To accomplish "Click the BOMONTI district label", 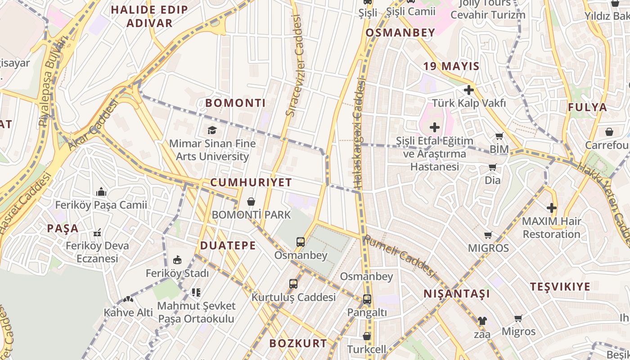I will [235, 103].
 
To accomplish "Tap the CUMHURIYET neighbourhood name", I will [251, 183].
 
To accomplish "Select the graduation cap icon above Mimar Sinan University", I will [211, 130].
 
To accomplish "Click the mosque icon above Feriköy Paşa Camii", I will [101, 192].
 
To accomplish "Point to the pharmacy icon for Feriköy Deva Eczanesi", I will [97, 233].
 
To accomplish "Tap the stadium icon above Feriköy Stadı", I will [177, 260].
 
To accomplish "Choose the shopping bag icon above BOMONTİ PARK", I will [251, 201].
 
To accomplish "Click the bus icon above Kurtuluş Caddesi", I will [293, 283].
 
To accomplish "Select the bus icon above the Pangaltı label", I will [367, 299].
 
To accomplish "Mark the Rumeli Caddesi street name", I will [400, 256].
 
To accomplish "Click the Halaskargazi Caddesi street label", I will [358, 134].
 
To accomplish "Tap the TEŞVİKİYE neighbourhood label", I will [560, 287].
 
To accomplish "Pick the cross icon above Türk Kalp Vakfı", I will [469, 90].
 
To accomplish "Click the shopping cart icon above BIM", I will [499, 136].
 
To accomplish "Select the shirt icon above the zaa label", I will [482, 321].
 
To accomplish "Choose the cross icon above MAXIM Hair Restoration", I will [552, 208].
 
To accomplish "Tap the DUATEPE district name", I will [228, 246].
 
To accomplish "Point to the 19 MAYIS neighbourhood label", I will [451, 67].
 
